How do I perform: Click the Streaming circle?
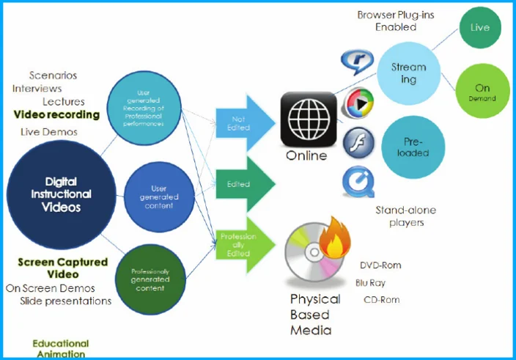click(x=408, y=73)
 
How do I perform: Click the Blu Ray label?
click(x=371, y=282)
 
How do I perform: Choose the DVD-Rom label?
click(x=380, y=265)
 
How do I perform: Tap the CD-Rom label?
click(x=382, y=299)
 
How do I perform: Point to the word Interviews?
click(x=37, y=89)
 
